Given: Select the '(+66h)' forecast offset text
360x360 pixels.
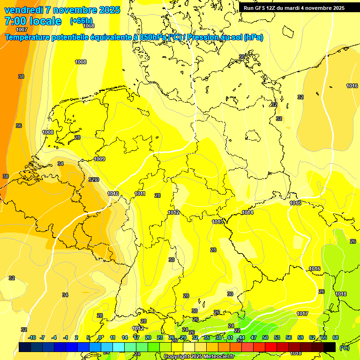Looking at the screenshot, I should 81,21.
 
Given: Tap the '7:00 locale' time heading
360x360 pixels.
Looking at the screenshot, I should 33,21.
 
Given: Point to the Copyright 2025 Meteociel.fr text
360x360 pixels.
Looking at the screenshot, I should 199,356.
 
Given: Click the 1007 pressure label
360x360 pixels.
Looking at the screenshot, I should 22,30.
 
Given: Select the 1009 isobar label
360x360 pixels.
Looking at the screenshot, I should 99,159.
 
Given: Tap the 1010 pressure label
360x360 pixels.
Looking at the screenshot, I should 113,194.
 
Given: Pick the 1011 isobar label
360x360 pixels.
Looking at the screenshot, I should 140,194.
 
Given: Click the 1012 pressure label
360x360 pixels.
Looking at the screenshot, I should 173,212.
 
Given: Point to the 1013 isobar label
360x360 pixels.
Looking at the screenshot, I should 217,222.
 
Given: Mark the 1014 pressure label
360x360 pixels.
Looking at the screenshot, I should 247,212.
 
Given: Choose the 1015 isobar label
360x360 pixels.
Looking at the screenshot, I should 295,203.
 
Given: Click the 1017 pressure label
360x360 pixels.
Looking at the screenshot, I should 302,314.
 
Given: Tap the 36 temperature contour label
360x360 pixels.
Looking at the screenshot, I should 19,126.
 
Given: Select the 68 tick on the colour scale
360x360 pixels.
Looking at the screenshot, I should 336,337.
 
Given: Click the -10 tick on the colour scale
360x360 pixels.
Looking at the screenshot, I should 32,337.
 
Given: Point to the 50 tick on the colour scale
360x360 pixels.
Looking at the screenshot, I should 265,337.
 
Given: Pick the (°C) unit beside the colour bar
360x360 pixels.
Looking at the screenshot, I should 345,347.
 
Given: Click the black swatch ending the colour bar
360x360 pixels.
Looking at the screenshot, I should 330,347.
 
